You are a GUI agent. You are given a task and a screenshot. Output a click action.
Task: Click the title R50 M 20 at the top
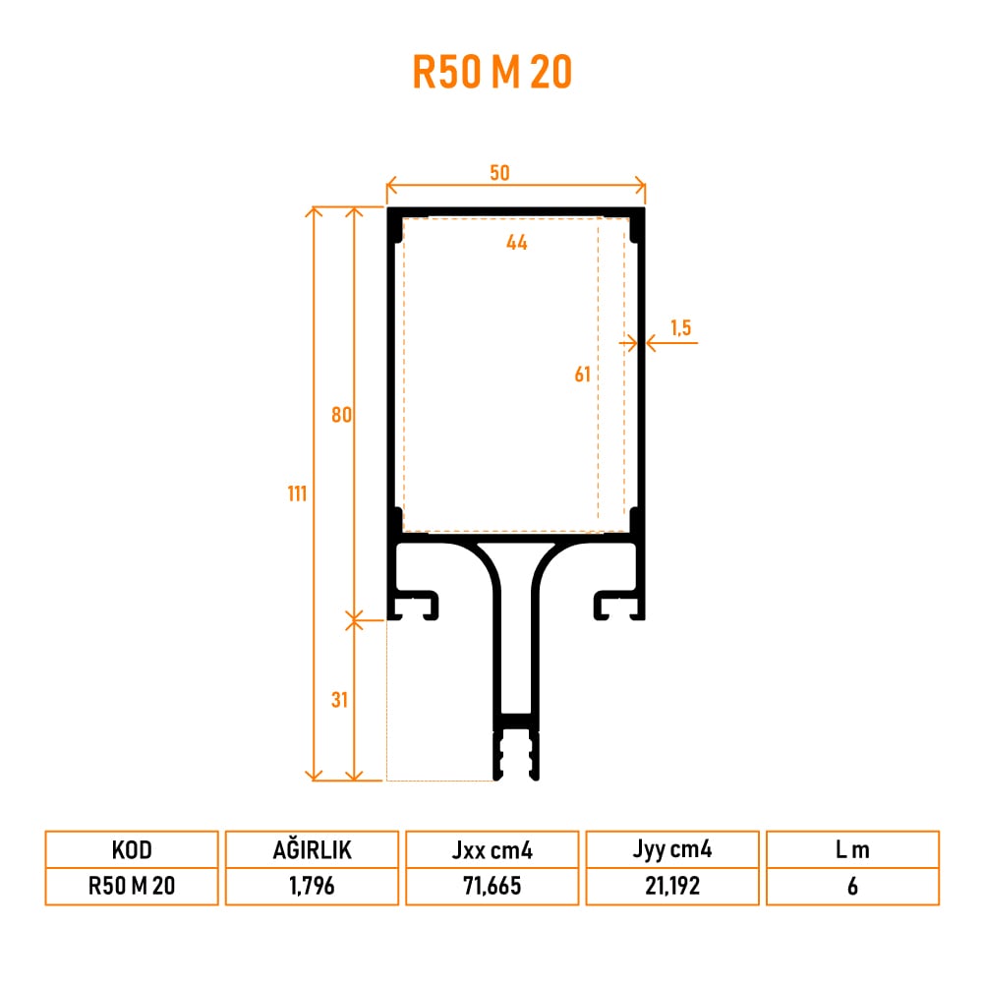click(x=492, y=72)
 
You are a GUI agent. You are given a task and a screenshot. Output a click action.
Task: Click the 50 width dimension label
click(x=499, y=173)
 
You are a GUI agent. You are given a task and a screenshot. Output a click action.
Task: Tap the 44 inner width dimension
click(x=517, y=242)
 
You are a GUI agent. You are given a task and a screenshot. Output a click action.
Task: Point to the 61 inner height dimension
click(x=582, y=374)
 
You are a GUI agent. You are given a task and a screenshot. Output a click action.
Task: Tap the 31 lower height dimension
click(x=340, y=700)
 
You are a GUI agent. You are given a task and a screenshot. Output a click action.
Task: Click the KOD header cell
click(x=132, y=850)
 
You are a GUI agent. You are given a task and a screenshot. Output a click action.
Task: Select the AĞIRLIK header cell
click(x=312, y=850)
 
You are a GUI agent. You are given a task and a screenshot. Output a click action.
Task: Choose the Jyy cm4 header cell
click(x=672, y=850)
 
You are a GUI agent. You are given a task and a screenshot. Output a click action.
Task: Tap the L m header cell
click(x=852, y=850)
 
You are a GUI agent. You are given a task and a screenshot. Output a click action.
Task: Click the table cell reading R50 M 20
click(x=132, y=886)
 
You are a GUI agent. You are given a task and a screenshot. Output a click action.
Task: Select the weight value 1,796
click(x=312, y=886)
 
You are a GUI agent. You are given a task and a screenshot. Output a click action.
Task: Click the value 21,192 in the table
click(x=672, y=886)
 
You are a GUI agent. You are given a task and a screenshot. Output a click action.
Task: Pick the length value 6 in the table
click(x=852, y=886)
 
